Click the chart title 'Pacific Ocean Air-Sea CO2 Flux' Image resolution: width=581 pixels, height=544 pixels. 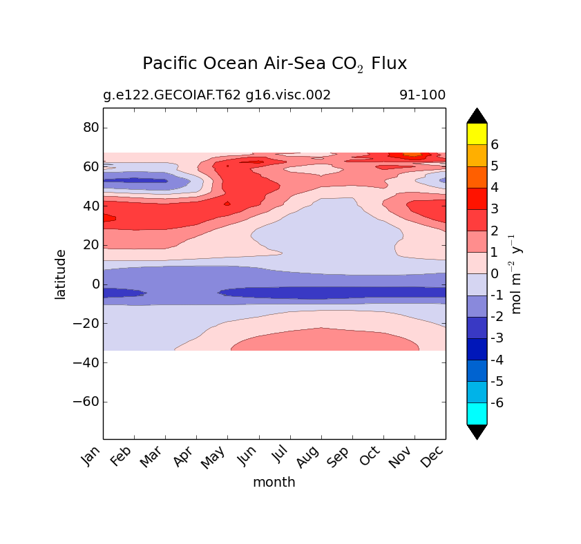(x=274, y=64)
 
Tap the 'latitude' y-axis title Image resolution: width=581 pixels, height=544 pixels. (x=61, y=274)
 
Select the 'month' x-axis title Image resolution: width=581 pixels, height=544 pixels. (x=274, y=483)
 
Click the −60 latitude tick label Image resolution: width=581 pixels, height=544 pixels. (x=86, y=402)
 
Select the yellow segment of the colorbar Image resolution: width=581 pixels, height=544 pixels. (x=477, y=134)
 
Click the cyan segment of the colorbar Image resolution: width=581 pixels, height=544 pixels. (x=477, y=413)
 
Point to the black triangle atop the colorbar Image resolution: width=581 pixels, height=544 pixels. (x=477, y=115)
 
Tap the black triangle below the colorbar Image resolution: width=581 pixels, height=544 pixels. (x=477, y=431)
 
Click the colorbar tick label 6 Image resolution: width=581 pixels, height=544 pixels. (x=495, y=145)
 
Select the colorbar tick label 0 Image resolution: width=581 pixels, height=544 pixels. (x=495, y=273)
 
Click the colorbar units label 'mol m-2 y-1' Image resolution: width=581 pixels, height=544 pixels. (x=516, y=274)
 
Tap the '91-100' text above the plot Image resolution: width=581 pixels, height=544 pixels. (x=422, y=95)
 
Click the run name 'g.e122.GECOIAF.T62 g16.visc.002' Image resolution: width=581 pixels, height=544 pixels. (x=217, y=95)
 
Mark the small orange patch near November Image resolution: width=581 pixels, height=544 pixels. (x=412, y=155)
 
